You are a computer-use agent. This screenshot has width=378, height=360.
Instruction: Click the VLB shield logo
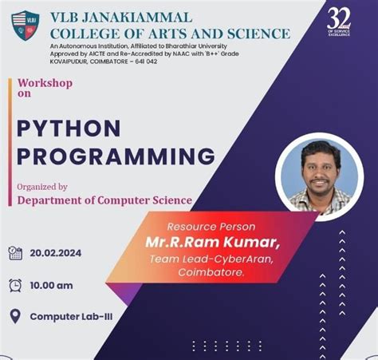click(x=26, y=26)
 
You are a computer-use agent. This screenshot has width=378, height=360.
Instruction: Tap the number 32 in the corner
click(x=339, y=18)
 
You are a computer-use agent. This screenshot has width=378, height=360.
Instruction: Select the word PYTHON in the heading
click(x=69, y=128)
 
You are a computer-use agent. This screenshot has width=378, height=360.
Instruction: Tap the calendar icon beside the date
click(x=14, y=253)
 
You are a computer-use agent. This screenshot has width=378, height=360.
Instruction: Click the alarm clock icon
click(x=14, y=285)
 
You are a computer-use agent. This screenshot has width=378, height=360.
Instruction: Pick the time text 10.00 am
click(x=52, y=285)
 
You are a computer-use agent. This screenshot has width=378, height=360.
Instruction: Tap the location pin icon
click(x=14, y=316)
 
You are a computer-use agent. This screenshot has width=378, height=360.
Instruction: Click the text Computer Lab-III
click(x=71, y=316)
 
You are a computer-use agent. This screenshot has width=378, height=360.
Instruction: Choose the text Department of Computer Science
click(x=104, y=200)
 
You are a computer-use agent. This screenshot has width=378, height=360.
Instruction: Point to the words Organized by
click(x=42, y=187)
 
